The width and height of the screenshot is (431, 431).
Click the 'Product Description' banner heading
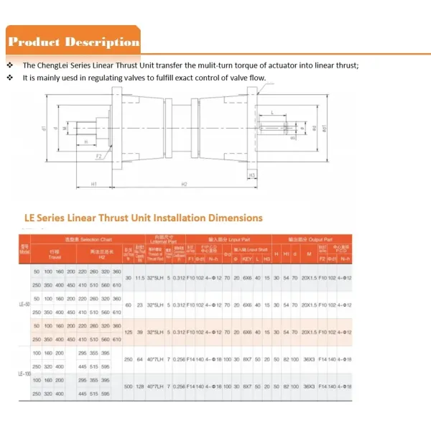(x=73, y=42)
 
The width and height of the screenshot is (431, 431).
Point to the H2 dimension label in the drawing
(x=184, y=185)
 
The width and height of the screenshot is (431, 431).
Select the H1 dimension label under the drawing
(x=94, y=185)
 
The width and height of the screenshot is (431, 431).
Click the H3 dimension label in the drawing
(x=252, y=175)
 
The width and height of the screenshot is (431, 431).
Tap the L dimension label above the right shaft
(x=274, y=112)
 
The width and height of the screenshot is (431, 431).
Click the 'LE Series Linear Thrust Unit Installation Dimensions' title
(x=144, y=218)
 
